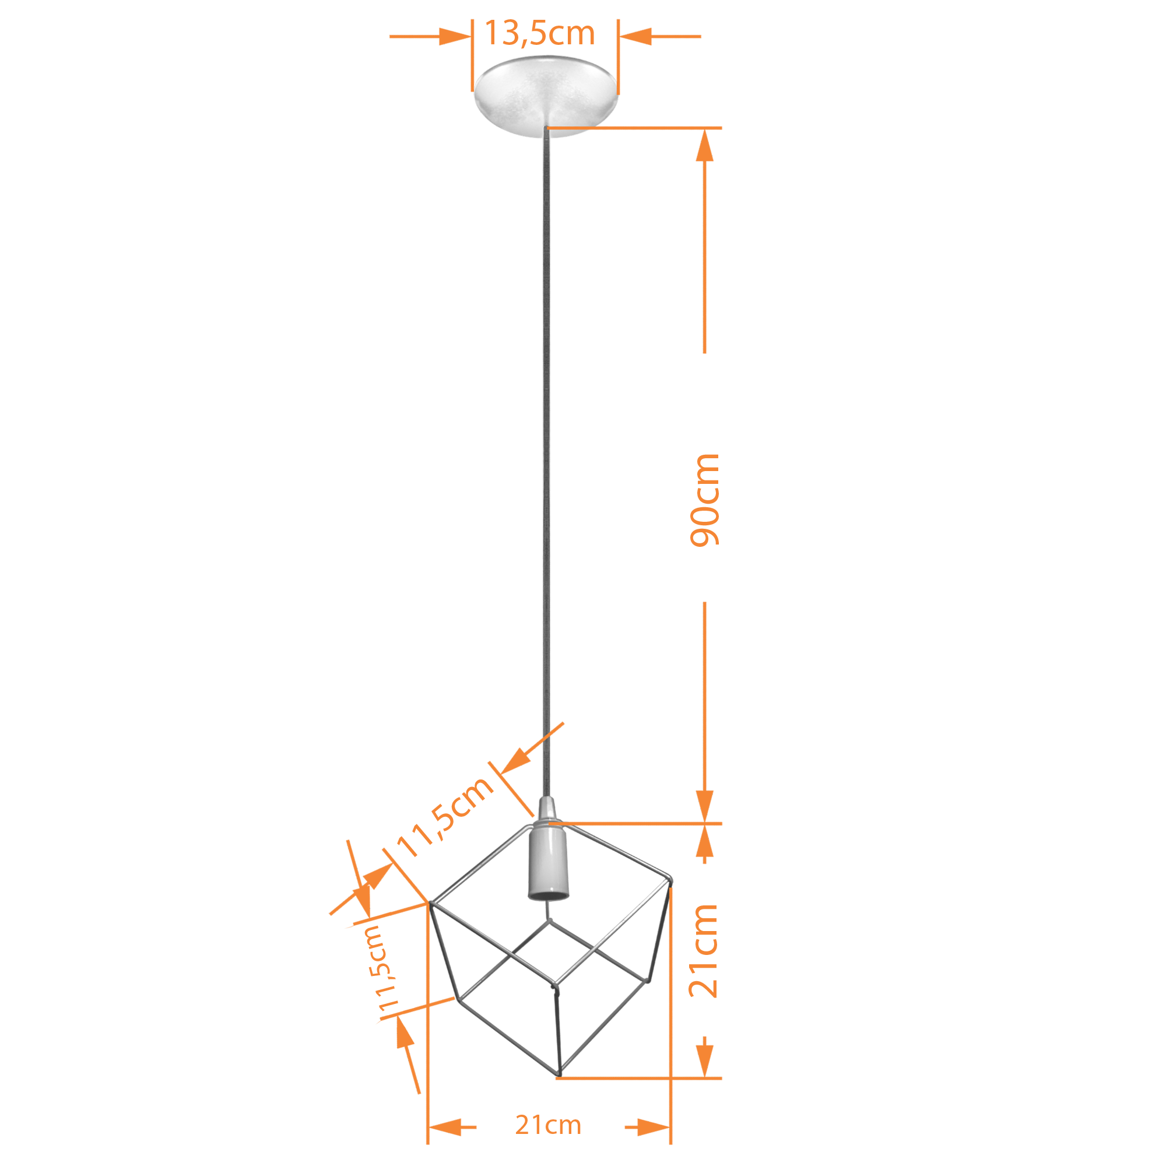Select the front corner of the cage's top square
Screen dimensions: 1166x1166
[x=556, y=984]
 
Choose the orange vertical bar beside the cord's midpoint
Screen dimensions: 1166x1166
[x=704, y=500]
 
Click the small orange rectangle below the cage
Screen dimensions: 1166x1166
[x=547, y=1125]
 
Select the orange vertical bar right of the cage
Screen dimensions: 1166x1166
[x=703, y=951]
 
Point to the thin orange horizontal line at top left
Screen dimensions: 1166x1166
[x=409, y=37]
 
